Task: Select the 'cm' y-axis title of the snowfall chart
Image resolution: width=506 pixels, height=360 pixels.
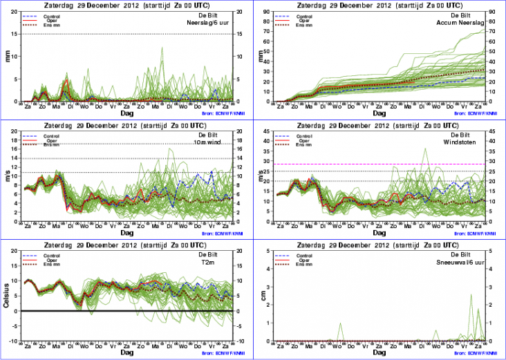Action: [263, 297]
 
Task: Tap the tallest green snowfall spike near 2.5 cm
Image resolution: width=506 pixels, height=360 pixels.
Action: [471, 295]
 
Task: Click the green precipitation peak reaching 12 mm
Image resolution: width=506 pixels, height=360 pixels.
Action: [162, 48]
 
